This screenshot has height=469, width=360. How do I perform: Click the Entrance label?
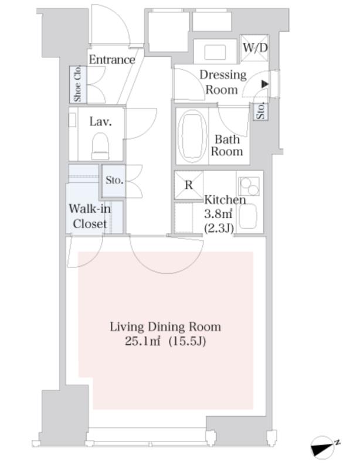(112, 60)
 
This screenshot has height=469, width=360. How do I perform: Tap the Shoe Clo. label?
(77, 83)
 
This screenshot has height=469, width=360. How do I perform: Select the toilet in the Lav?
(100, 146)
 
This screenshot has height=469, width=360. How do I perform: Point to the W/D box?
(254, 48)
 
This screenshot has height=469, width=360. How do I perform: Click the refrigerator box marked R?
(189, 185)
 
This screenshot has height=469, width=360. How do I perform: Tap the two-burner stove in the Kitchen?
(249, 186)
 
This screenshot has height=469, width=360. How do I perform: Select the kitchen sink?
(248, 216)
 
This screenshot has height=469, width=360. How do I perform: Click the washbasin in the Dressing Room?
(215, 52)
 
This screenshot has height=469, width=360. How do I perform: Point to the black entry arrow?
(265, 84)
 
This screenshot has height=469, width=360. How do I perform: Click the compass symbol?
(323, 447)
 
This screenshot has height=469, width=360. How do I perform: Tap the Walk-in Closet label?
(90, 216)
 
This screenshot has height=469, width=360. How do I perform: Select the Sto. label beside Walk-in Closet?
(114, 181)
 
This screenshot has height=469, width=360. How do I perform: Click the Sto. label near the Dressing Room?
(261, 111)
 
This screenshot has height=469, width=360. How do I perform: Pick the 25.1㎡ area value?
(142, 341)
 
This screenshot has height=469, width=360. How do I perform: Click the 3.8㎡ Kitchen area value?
(218, 213)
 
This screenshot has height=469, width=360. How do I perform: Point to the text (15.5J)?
(188, 341)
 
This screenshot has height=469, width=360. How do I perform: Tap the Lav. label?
(100, 122)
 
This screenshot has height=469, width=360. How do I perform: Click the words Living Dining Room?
(165, 327)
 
